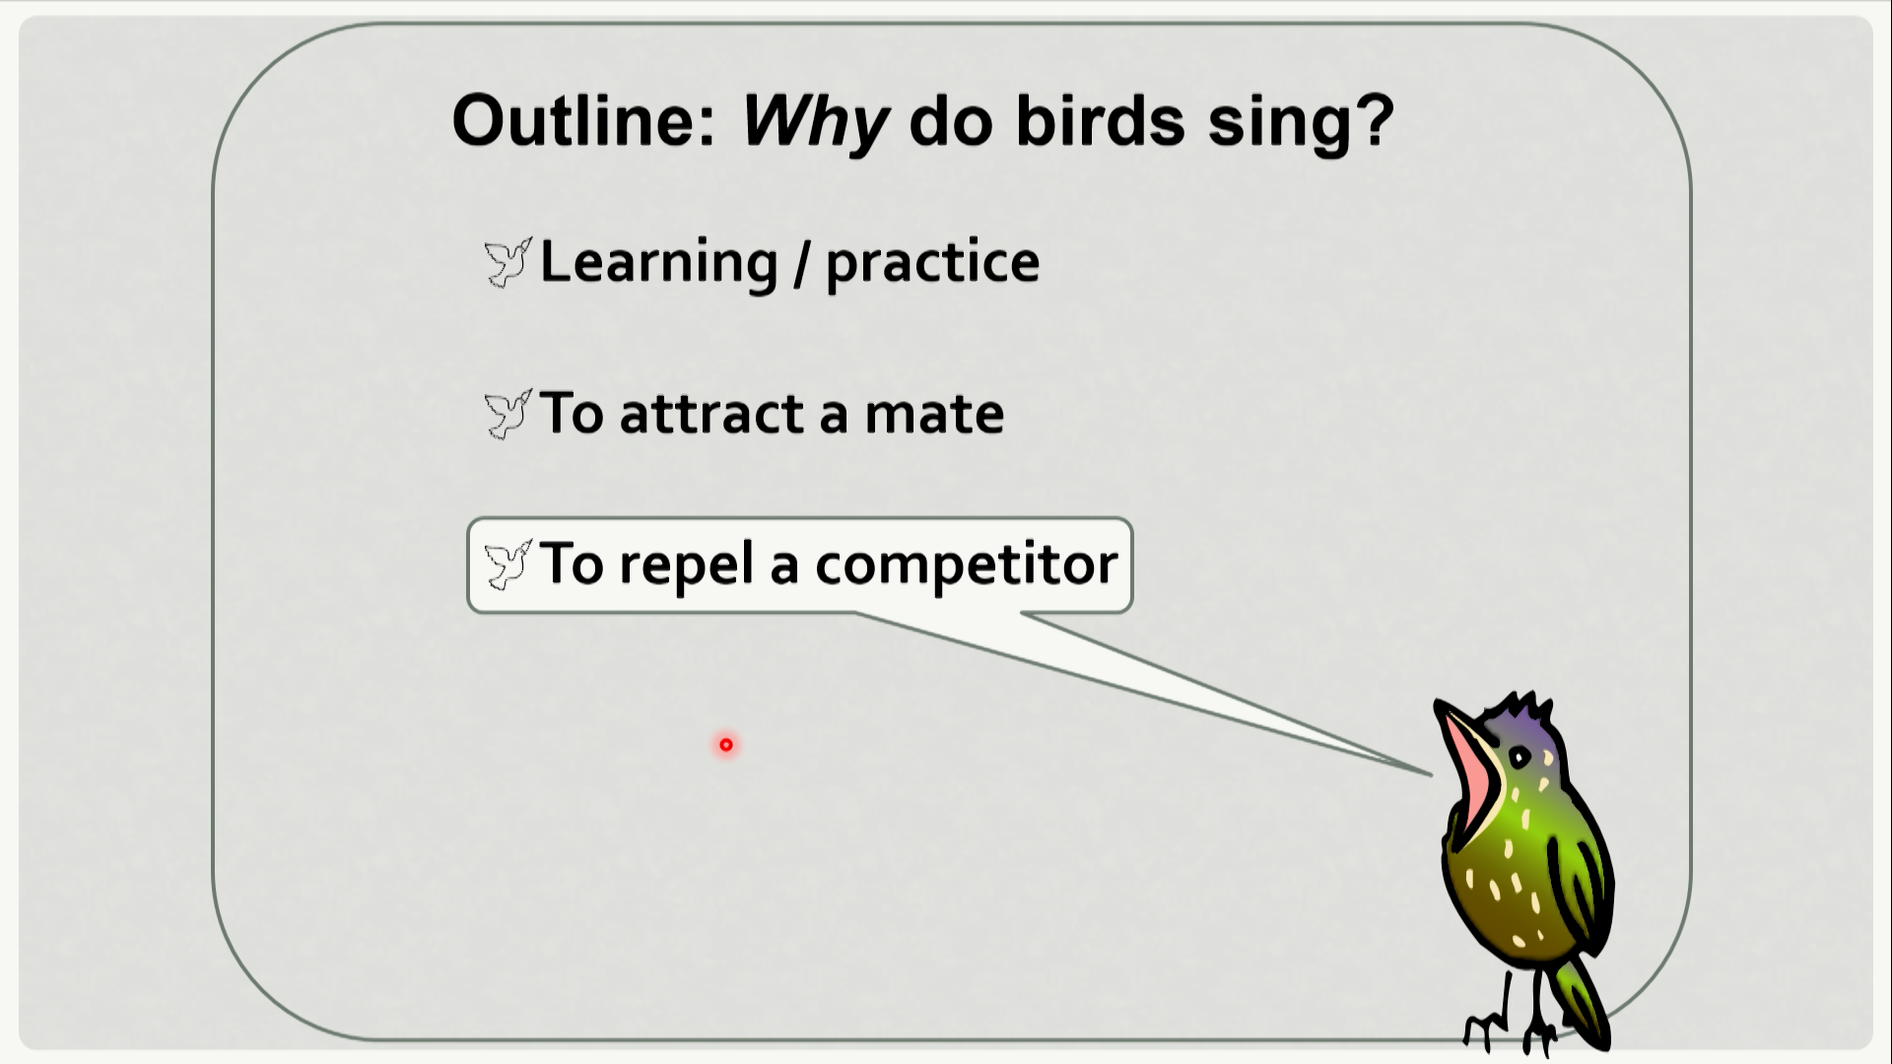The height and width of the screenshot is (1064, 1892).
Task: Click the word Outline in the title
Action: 582,120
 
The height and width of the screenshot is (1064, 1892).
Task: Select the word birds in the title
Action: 1100,120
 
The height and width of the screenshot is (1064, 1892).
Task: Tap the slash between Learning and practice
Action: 802,264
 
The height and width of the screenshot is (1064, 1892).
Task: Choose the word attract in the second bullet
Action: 712,414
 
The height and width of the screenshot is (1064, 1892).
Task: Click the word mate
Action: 934,415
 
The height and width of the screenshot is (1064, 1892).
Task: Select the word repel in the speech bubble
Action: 686,565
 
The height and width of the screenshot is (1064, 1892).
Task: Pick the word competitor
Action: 967,565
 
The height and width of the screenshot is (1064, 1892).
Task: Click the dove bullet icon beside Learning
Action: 508,262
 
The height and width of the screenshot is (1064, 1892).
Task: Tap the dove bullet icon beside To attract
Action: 508,414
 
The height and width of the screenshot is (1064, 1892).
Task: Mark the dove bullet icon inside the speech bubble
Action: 508,565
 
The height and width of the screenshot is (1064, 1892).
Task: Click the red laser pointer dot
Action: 726,745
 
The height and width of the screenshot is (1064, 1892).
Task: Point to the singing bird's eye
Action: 1520,758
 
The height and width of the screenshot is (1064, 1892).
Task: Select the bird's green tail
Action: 1580,1000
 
